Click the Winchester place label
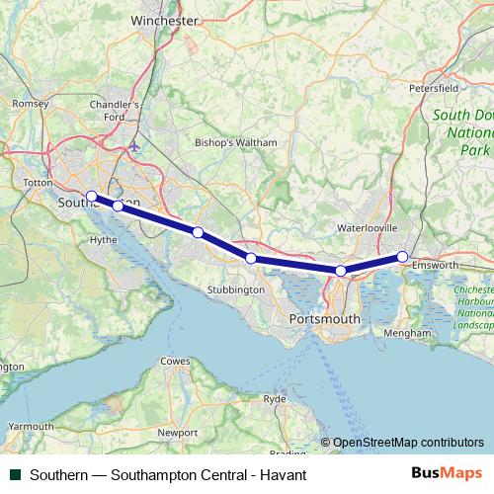(x=164, y=19)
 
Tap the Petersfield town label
(x=435, y=87)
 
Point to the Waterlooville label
(x=368, y=227)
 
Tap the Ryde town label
(x=275, y=398)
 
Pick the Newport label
(x=178, y=433)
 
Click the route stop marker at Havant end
(x=402, y=257)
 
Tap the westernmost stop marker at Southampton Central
(x=91, y=196)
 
